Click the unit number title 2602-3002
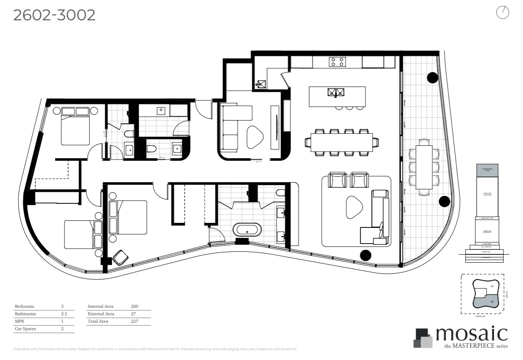(54, 15)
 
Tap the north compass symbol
(502, 12)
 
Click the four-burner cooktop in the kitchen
(337, 62)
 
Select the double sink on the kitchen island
(336, 92)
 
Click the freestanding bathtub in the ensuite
(247, 230)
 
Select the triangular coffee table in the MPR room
(255, 137)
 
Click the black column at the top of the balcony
(432, 77)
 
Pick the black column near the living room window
(366, 255)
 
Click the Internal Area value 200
(134, 307)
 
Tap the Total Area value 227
(134, 321)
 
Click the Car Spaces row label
(25, 329)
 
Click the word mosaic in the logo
(471, 333)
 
